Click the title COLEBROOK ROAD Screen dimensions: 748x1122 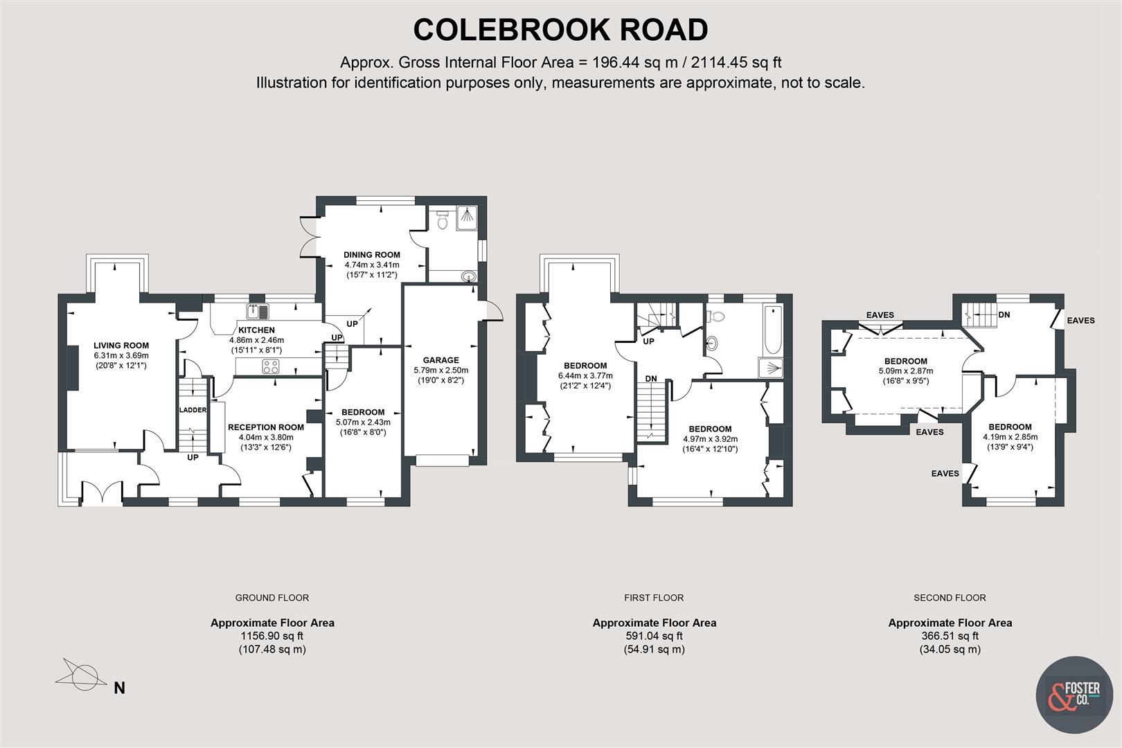click(x=560, y=30)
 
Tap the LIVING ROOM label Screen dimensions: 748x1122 click(x=121, y=346)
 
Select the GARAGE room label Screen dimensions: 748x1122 click(x=440, y=360)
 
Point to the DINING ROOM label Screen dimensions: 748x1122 click(x=372, y=255)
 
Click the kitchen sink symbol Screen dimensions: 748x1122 click(x=256, y=310)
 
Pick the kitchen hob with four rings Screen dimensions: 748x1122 click(x=271, y=366)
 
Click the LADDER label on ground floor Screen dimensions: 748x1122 click(x=193, y=410)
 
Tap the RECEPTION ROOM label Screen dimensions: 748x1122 click(x=266, y=427)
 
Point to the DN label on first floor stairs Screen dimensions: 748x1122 click(x=651, y=379)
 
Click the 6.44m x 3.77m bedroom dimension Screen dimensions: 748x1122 click(x=585, y=376)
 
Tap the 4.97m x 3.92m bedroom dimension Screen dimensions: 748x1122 click(x=710, y=439)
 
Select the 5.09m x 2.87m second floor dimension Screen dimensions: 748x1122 click(x=905, y=371)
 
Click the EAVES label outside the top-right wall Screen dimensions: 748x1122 click(x=1080, y=321)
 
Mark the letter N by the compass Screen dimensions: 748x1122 click(x=119, y=688)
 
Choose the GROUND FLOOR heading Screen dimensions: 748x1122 click(x=271, y=598)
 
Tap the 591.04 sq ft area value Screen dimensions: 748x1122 click(x=654, y=636)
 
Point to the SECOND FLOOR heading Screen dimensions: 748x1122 click(x=950, y=598)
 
